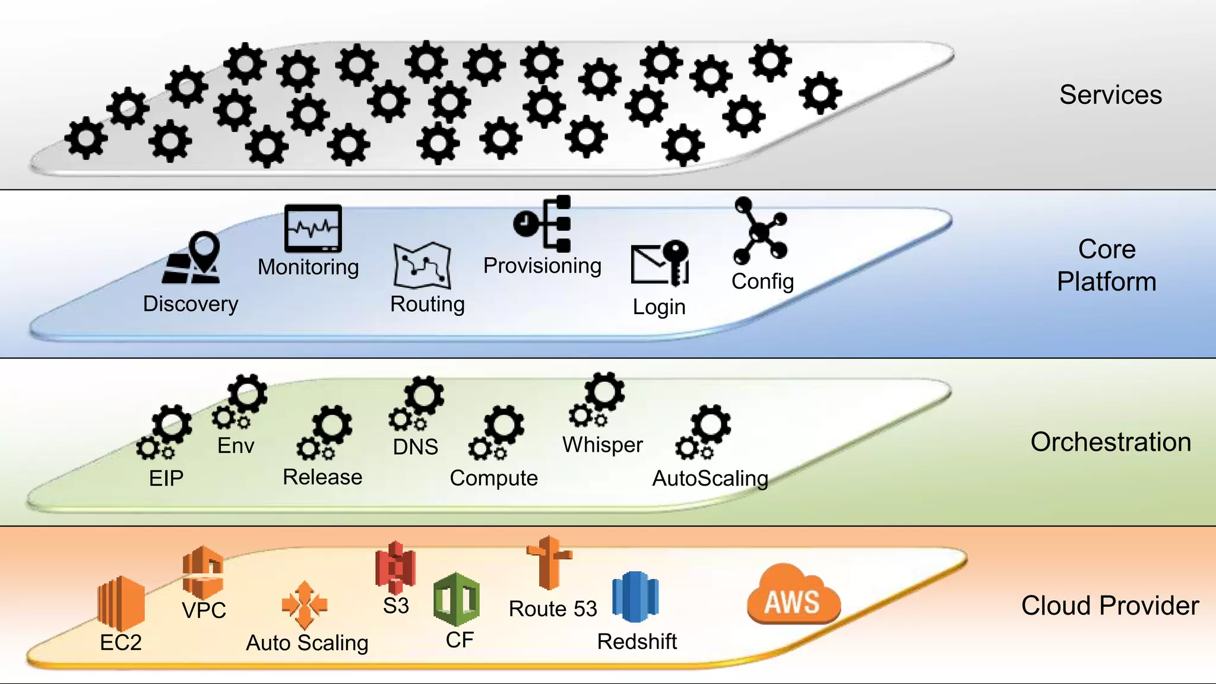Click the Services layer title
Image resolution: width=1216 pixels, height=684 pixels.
point(1110,95)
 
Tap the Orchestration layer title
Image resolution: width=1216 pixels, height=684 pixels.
point(1110,442)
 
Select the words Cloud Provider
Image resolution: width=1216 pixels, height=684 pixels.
point(1110,606)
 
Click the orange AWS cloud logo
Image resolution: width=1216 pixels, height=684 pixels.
point(793,596)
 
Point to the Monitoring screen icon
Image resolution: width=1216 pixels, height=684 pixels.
point(313,229)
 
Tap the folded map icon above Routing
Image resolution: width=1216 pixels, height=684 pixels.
point(422,265)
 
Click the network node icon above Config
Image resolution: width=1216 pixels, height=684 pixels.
point(760,232)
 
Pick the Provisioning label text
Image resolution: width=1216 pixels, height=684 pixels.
point(542,265)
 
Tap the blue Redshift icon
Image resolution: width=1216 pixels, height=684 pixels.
point(635,597)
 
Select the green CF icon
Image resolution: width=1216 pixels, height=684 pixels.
point(457,600)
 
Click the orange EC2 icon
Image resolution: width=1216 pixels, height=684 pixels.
point(121,603)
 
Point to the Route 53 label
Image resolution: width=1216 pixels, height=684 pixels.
point(553,609)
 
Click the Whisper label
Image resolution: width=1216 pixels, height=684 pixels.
point(603,445)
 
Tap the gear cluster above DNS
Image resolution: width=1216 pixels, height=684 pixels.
point(418,404)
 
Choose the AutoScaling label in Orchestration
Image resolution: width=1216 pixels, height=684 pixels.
point(710,479)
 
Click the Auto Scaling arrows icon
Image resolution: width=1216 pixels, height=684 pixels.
point(304,605)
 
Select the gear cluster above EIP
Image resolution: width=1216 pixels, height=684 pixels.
point(164,433)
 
